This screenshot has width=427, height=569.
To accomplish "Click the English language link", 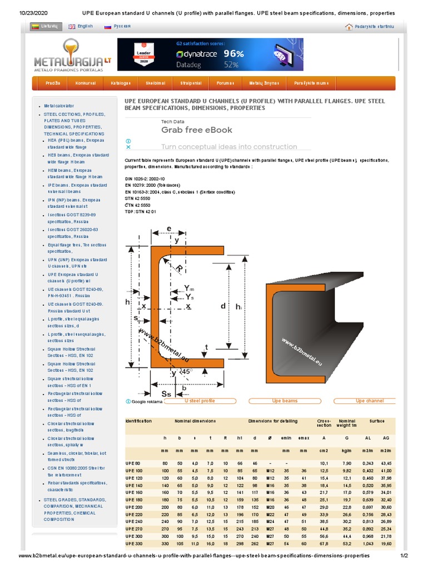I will (85, 26).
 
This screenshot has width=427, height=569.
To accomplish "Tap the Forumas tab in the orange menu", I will (225, 83).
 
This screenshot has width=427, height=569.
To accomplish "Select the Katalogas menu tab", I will (121, 83).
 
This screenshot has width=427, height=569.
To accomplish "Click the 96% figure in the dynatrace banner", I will (234, 54).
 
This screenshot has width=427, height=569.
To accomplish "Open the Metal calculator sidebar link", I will (59, 106).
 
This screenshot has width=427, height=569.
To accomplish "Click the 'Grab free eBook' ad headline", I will (197, 130).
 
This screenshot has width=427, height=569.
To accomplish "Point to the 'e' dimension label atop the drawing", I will (169, 228).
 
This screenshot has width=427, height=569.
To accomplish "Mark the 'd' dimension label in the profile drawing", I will (224, 306).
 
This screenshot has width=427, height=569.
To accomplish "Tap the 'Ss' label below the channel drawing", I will (158, 393).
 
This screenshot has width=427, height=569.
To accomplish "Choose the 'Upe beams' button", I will (285, 401).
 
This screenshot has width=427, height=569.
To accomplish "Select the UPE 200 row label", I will (133, 507).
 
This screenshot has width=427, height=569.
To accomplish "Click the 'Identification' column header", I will (138, 421).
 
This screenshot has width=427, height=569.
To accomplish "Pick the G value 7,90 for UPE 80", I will (346, 463).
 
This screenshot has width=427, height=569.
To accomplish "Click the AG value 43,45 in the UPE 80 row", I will (385, 463).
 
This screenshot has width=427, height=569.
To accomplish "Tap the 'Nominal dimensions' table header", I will (194, 421).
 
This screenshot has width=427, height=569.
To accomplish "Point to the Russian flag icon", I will (107, 26).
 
